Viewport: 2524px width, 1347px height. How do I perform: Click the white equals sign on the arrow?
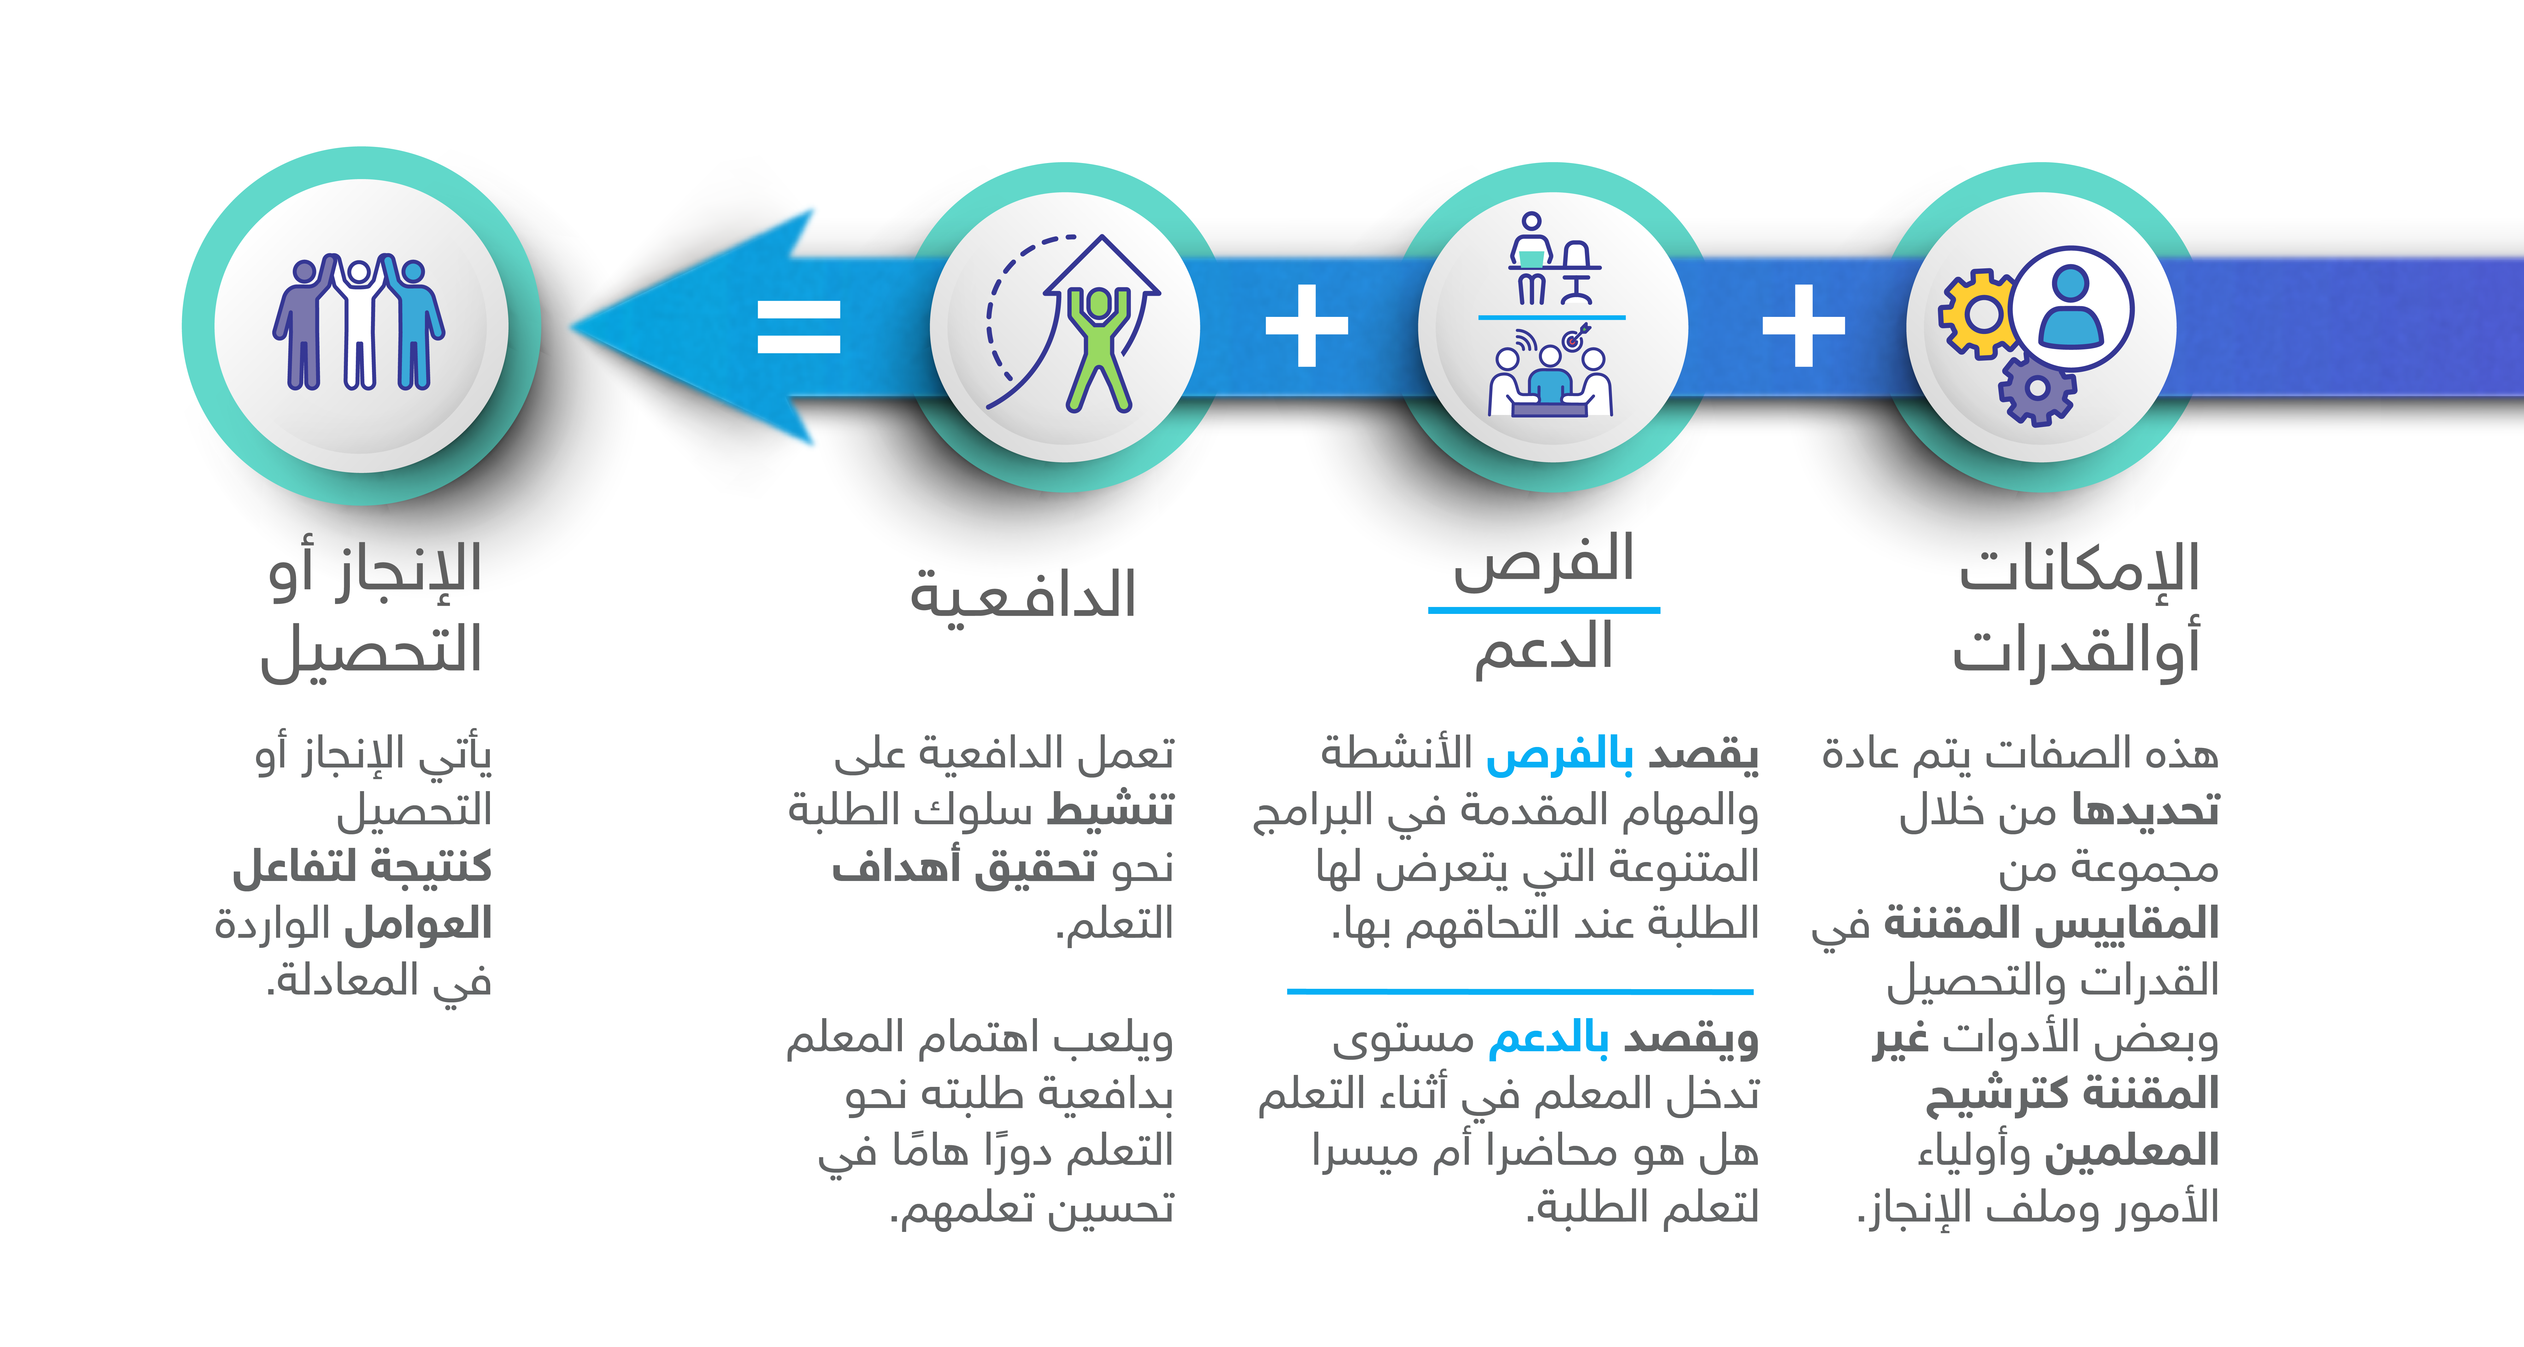click(798, 326)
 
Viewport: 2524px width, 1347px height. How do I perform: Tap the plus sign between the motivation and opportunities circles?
click(1307, 326)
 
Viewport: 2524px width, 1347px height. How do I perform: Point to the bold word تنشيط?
click(1110, 810)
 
